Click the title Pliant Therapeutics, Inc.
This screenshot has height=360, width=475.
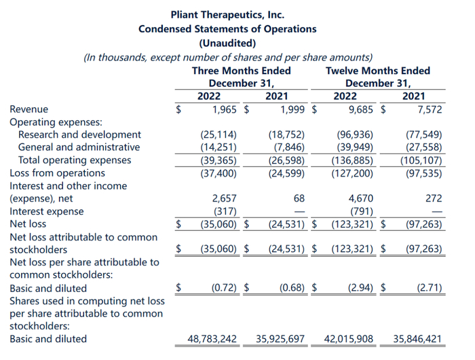pyautogui.click(x=227, y=14)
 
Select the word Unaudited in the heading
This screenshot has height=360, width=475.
pyautogui.click(x=227, y=43)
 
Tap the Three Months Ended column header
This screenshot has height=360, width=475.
pyautogui.click(x=241, y=71)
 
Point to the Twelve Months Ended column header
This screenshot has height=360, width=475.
pyautogui.click(x=377, y=71)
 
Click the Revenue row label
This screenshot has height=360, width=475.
pyautogui.click(x=28, y=109)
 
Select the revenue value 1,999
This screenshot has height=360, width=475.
pyautogui.click(x=291, y=109)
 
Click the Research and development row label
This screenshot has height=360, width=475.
pyautogui.click(x=79, y=134)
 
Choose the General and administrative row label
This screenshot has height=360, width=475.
pyautogui.click(x=79, y=147)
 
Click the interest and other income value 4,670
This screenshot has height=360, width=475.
pyautogui.click(x=362, y=198)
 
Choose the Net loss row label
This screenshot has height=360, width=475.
pyautogui.click(x=28, y=223)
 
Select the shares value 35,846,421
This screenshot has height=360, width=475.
pyautogui.click(x=417, y=338)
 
